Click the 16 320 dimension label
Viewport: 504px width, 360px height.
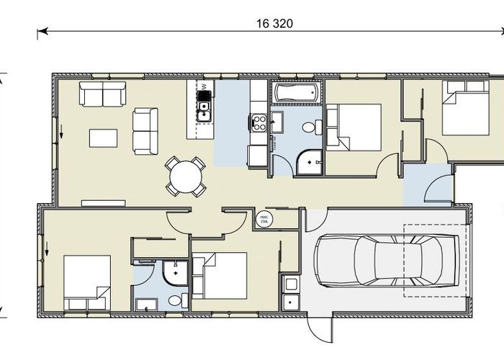click(x=274, y=23)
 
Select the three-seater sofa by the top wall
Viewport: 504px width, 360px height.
click(x=102, y=94)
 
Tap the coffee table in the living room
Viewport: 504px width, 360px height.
click(x=102, y=137)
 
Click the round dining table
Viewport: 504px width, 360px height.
click(x=185, y=175)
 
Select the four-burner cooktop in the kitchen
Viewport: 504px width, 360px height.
click(x=258, y=124)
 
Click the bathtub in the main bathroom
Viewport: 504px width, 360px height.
click(x=297, y=93)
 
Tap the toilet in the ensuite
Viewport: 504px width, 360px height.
click(x=175, y=299)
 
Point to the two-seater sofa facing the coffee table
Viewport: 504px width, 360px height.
click(x=145, y=130)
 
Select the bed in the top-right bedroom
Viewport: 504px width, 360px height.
click(x=465, y=108)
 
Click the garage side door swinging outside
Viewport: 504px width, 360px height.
click(x=319, y=330)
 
